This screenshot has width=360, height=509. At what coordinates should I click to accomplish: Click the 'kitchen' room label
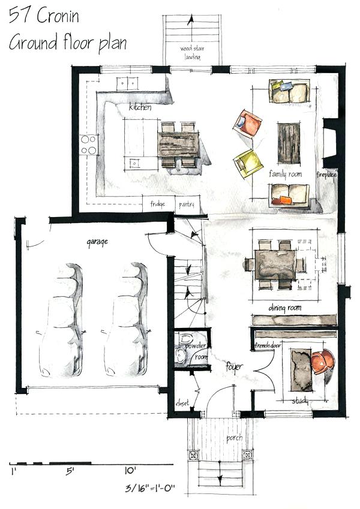point(140,108)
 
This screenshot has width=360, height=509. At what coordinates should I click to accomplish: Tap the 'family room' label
point(285,174)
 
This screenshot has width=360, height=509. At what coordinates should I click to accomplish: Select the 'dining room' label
point(284,308)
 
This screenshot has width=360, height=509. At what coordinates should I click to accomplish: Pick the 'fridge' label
point(157,205)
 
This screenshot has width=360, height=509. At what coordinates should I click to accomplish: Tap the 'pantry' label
point(187,205)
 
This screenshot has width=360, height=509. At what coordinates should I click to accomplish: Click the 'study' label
point(299,400)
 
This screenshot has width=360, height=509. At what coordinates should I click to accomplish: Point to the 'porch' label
point(235,438)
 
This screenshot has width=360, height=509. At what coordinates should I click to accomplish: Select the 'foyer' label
point(233,366)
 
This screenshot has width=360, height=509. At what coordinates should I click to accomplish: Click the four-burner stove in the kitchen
point(88,144)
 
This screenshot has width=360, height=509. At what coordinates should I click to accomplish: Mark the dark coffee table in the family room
point(289,142)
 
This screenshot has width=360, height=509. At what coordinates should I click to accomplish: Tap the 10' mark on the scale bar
point(130,471)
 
